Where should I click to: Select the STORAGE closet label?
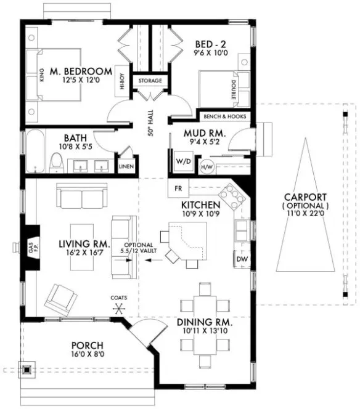point(150,81)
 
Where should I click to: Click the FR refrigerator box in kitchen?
point(178,187)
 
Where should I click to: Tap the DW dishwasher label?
point(242,259)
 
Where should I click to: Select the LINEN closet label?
point(126,166)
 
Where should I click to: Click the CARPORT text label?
point(305,197)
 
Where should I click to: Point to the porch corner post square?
point(27,370)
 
